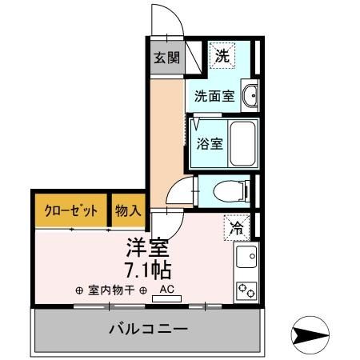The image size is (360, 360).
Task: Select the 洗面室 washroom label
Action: coord(214,97)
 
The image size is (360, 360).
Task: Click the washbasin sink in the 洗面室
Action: coord(250,96)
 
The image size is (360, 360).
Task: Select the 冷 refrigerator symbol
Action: coord(238,227)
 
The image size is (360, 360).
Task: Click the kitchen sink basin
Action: coord(246,258)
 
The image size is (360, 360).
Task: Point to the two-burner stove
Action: coord(246,290)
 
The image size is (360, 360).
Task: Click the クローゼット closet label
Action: coord(71,211)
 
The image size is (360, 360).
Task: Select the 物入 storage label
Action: coord(128,211)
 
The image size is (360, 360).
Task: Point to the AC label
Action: coord(167,290)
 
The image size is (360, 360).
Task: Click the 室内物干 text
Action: coord(111,290)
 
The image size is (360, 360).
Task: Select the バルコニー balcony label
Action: coord(147,330)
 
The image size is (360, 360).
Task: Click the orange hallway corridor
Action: coord(166,129)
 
